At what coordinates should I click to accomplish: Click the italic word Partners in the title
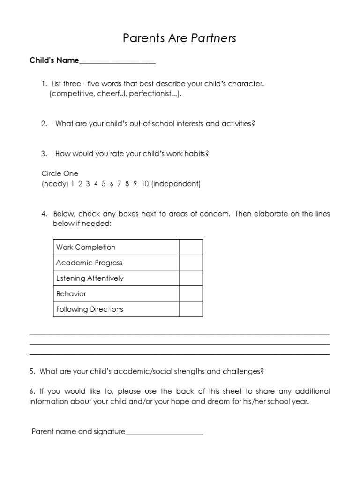click(x=213, y=38)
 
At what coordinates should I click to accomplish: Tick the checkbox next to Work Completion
click(x=191, y=247)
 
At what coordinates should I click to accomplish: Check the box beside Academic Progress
click(x=191, y=262)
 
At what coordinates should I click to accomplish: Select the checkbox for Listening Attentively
click(x=191, y=278)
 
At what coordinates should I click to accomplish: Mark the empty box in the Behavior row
click(x=191, y=293)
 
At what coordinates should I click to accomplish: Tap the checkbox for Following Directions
click(x=191, y=309)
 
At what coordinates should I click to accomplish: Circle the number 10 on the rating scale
click(x=145, y=184)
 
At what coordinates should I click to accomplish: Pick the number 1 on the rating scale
click(x=73, y=184)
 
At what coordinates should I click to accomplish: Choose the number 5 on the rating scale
click(x=104, y=184)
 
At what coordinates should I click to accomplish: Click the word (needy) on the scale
click(x=55, y=184)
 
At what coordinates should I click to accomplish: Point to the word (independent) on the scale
click(x=175, y=184)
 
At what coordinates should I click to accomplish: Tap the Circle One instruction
click(x=60, y=173)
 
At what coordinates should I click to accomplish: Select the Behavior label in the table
click(x=71, y=294)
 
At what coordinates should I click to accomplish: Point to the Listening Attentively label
click(x=90, y=278)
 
